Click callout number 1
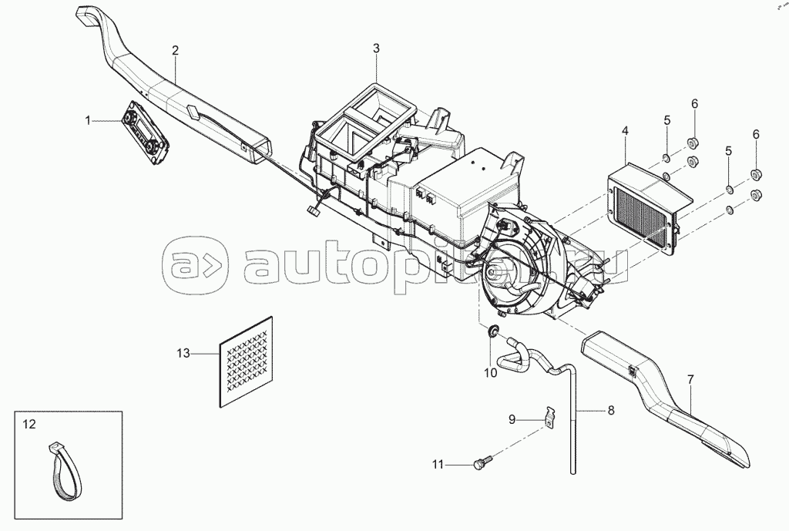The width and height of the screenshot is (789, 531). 88,119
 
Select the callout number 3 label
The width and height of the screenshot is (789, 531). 376,49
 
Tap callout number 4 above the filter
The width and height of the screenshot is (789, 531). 625,132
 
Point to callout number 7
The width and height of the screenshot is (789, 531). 690,379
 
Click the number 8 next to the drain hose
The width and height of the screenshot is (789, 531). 611,411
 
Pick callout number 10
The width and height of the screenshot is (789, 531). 491,372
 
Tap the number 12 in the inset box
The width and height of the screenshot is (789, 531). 29,424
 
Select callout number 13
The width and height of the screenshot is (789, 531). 183,353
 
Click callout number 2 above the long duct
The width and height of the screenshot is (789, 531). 175,50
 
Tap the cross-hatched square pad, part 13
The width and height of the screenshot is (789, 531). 246,359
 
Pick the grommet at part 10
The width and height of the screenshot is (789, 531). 490,332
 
